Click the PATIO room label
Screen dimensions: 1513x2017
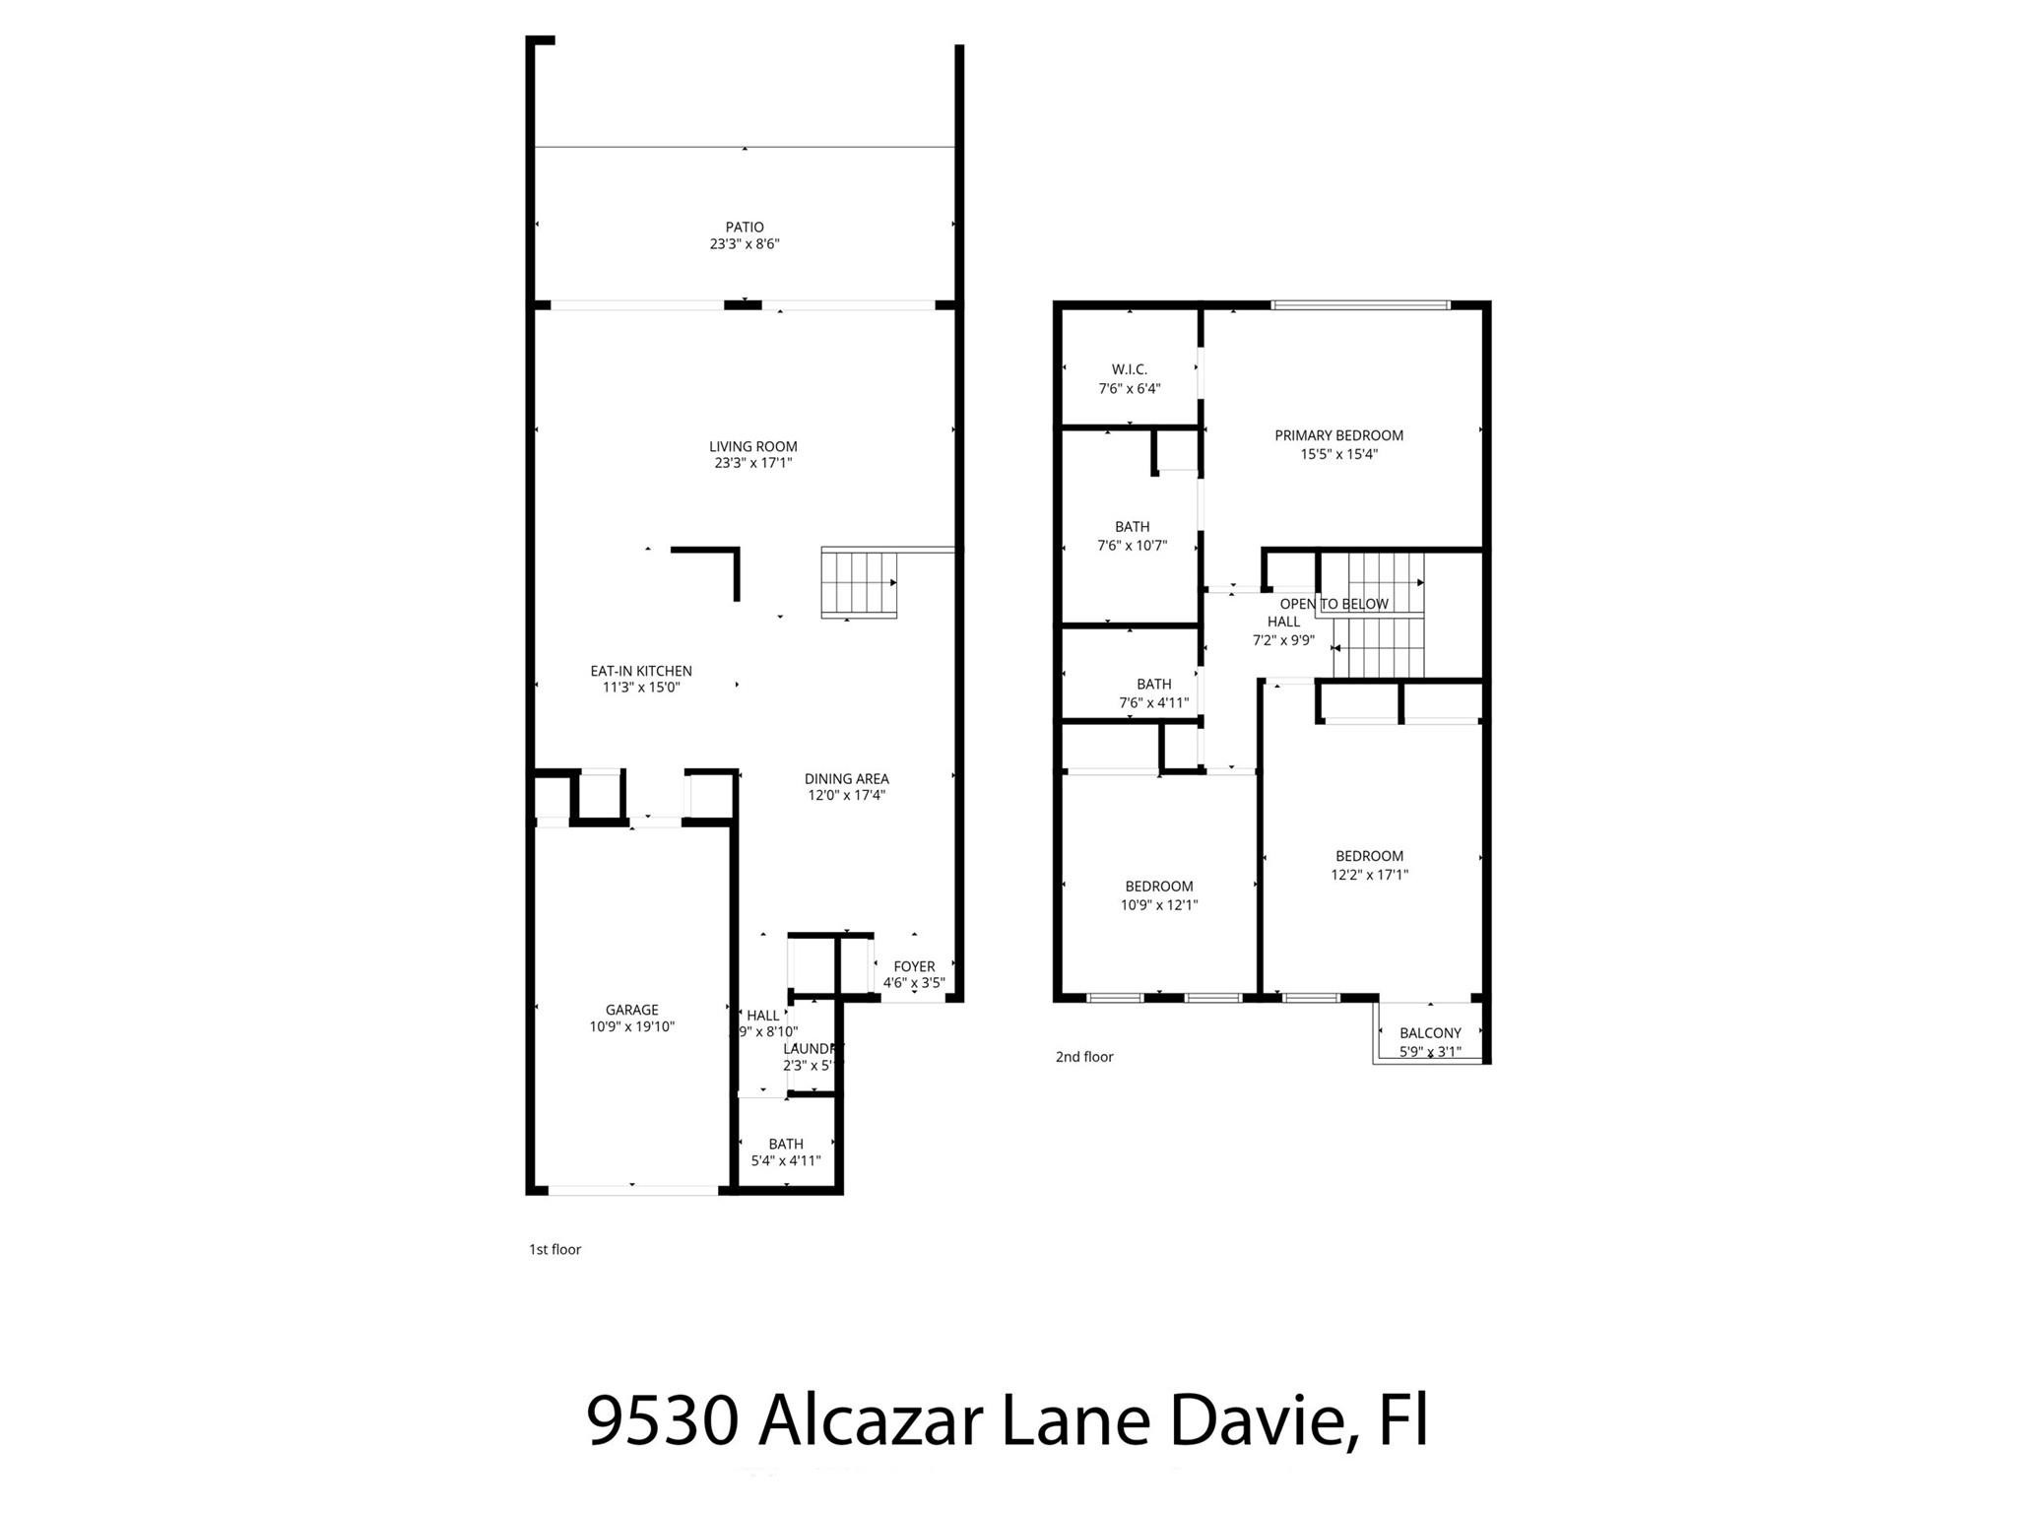coord(745,228)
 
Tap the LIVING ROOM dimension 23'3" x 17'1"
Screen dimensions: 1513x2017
coord(753,463)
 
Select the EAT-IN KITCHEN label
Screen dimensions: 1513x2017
coord(641,671)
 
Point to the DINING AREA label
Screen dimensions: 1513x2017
coord(846,779)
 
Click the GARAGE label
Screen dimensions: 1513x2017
coord(631,1010)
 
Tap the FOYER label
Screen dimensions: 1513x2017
coord(914,966)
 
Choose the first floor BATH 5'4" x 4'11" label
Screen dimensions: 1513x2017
coord(786,1144)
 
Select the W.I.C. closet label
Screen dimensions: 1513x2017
coord(1130,369)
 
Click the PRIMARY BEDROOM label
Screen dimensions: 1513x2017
coord(1338,435)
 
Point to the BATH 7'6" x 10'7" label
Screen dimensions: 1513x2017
coord(1132,527)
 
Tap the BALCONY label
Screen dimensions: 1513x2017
coord(1430,1033)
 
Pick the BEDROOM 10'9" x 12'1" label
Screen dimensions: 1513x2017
coord(1159,887)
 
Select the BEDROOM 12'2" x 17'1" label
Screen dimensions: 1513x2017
coord(1369,856)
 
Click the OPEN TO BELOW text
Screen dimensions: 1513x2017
coord(1334,604)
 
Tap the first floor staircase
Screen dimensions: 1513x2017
coord(859,584)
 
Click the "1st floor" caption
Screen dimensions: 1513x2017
coord(555,1249)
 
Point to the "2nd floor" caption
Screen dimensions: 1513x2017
coord(1084,1057)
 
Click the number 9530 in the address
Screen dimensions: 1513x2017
coord(662,1421)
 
